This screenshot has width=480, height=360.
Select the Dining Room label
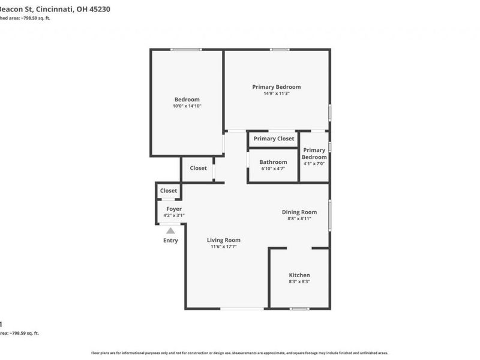[x=299, y=212]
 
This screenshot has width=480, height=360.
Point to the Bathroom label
[x=273, y=162]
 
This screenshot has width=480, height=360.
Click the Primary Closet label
[x=274, y=139]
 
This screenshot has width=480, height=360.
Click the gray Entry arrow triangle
[x=171, y=230]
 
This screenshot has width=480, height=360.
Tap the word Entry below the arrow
[x=171, y=241]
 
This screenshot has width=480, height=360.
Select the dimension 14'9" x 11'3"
[x=277, y=94]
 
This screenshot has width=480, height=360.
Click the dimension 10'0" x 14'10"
[x=187, y=106]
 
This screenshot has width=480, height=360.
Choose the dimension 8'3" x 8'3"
[x=299, y=281]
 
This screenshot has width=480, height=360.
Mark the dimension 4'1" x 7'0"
[x=314, y=164]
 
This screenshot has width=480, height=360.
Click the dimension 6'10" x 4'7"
[x=273, y=169]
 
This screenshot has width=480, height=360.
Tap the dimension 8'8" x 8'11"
[x=299, y=219]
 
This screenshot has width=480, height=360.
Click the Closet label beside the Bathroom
[x=198, y=168]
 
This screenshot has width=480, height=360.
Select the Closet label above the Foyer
[x=169, y=191]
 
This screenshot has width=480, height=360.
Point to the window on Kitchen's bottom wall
[x=299, y=308]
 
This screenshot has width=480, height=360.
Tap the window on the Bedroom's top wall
[x=186, y=50]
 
